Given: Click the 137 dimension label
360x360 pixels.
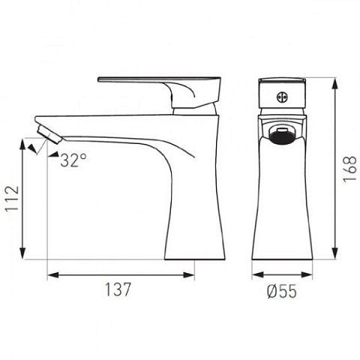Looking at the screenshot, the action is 118,289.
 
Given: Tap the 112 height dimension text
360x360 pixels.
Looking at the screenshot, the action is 13,199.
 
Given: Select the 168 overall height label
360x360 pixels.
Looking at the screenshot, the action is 349,169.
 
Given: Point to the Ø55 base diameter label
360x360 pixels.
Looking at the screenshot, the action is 282,291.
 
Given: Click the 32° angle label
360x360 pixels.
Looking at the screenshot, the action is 73,160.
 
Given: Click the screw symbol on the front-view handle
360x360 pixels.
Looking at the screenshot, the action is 283,97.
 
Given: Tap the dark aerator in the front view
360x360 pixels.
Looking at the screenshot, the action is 282,137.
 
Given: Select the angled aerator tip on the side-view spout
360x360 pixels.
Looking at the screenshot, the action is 49,135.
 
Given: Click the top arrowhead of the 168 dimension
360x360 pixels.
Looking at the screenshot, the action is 335,85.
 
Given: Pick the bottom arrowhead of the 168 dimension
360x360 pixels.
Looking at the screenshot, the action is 335,253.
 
